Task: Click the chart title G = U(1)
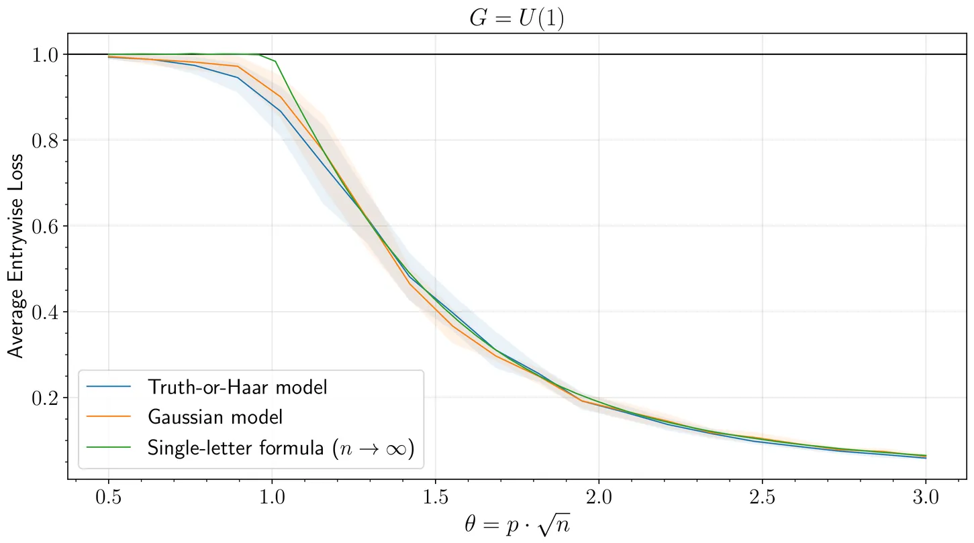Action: (x=516, y=18)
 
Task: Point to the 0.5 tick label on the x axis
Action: (x=108, y=497)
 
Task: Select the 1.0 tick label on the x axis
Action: (x=272, y=497)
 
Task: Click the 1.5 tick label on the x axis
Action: (x=435, y=497)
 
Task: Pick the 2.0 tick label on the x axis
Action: (x=599, y=497)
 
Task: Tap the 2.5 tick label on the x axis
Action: (x=762, y=497)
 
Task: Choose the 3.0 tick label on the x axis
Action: (x=926, y=497)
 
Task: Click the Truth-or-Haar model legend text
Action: (x=237, y=387)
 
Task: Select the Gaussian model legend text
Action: (x=215, y=416)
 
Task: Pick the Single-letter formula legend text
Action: (x=281, y=446)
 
